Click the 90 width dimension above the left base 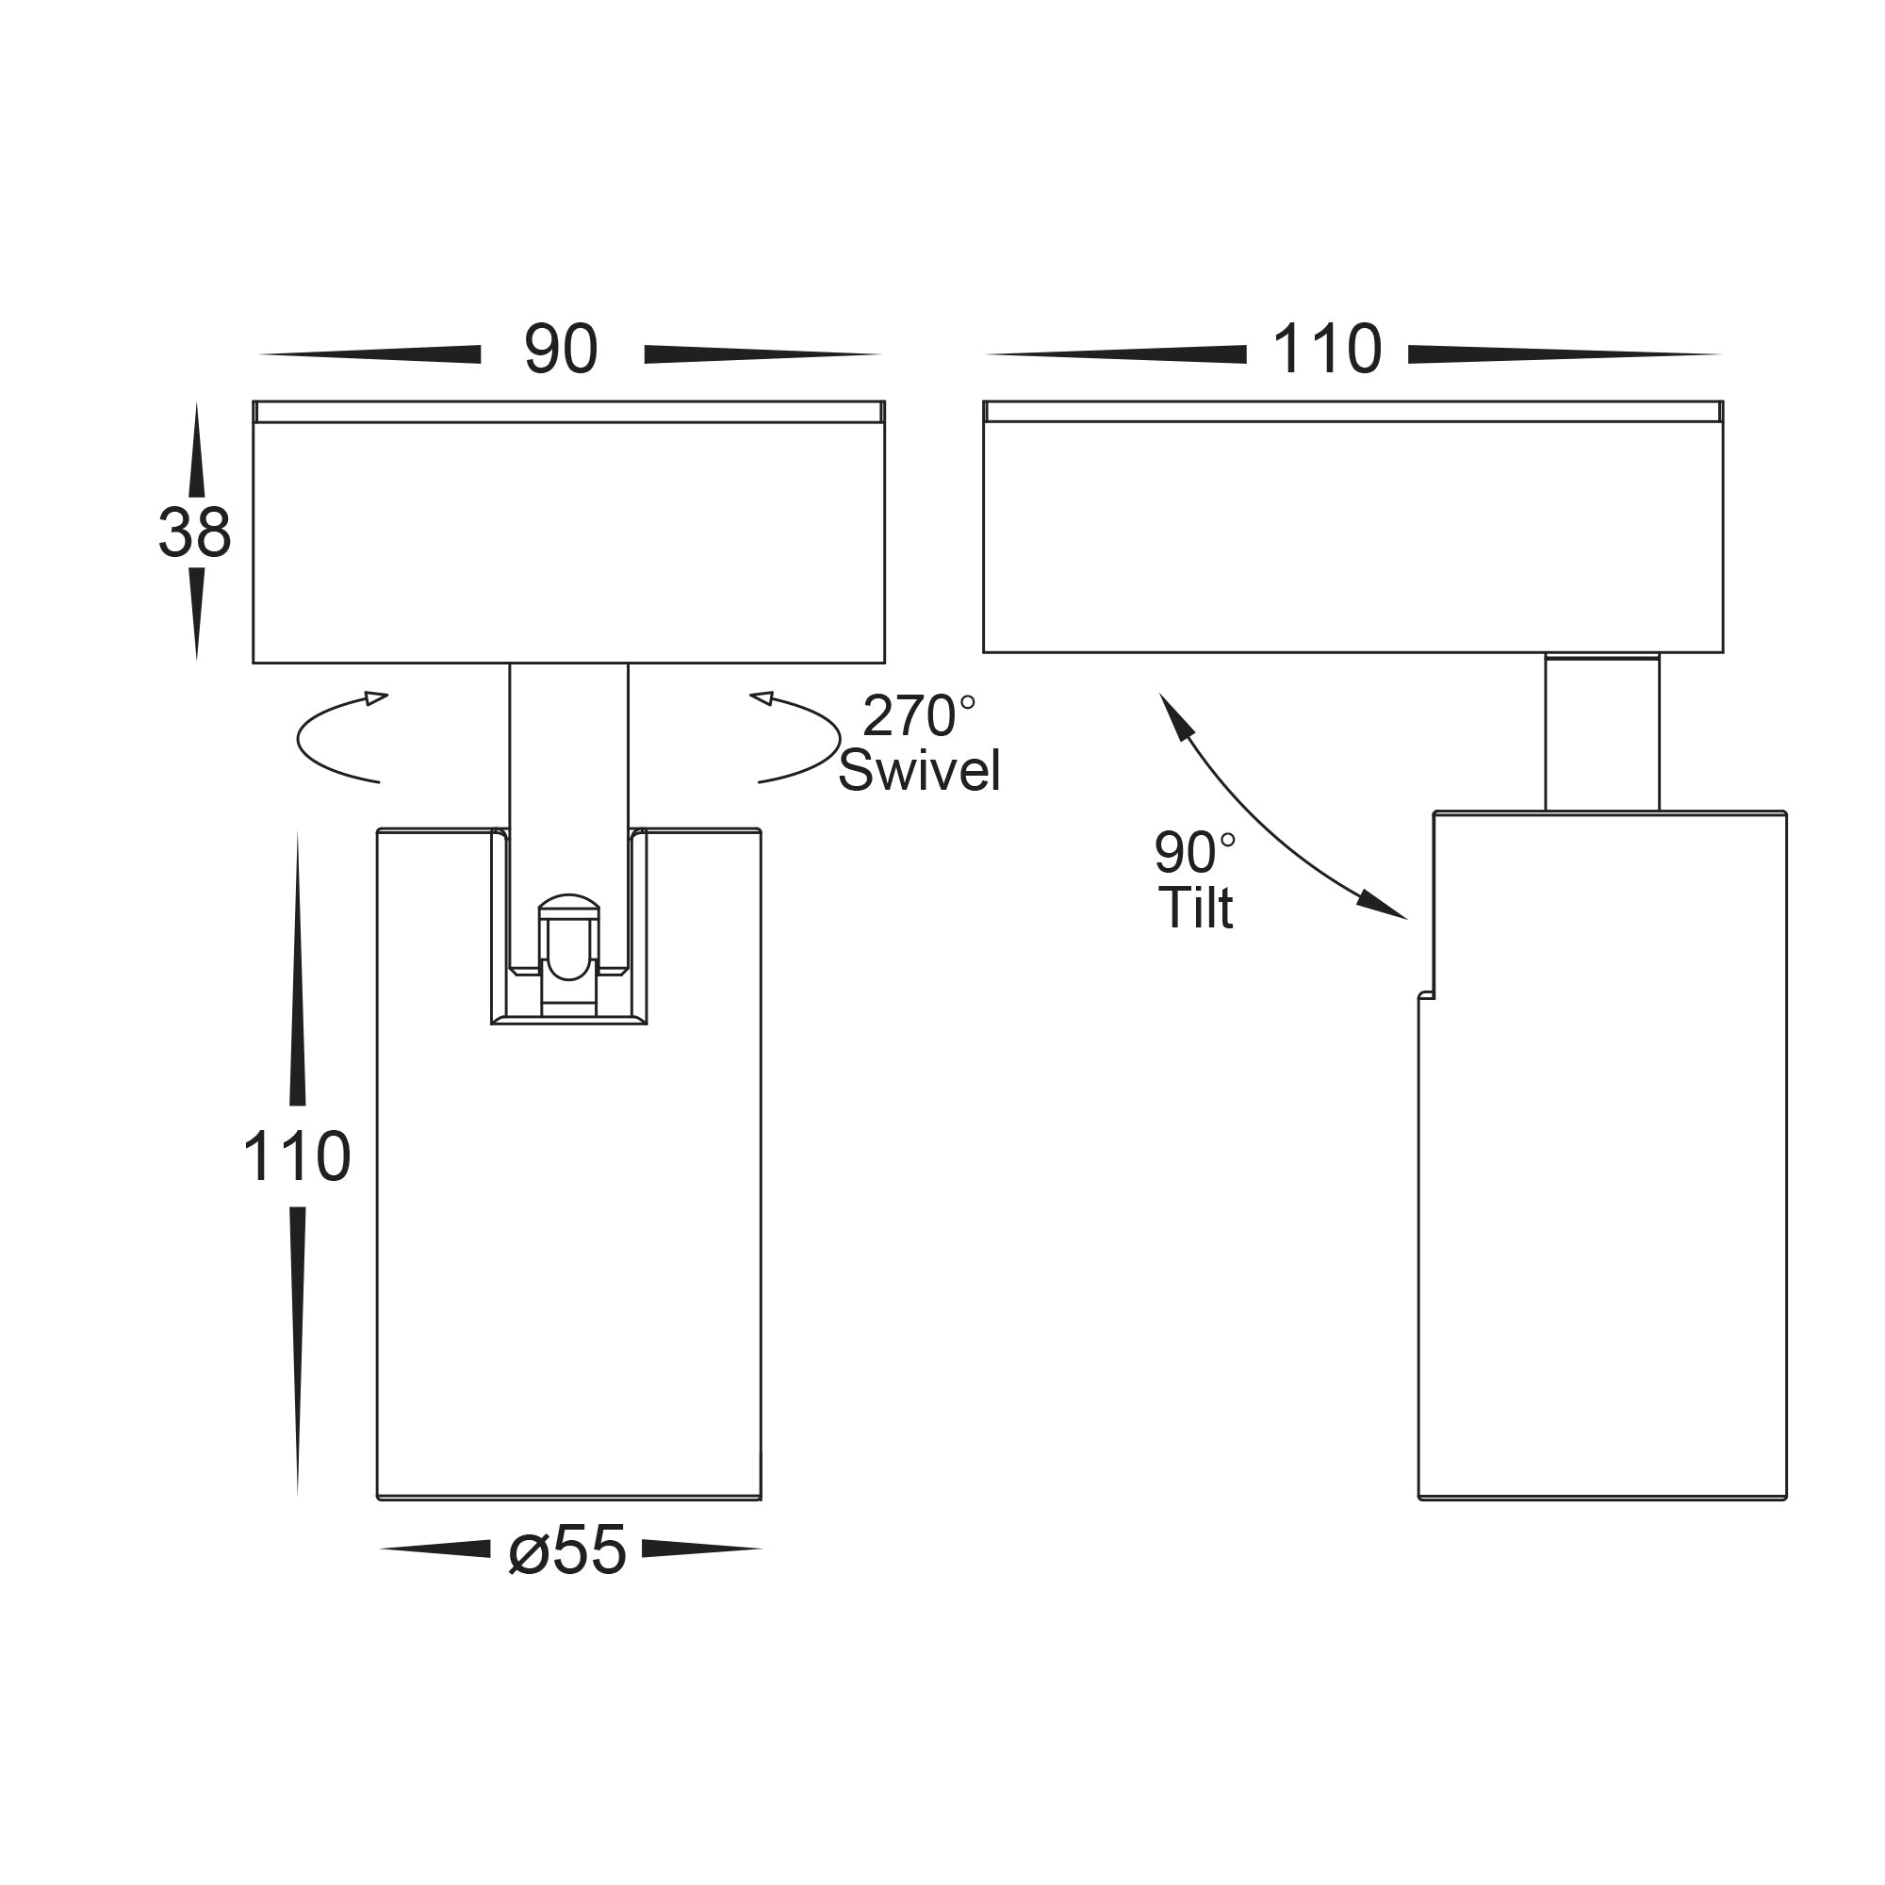pos(561,350)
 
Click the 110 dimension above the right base pos(1327,350)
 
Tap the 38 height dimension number pos(195,533)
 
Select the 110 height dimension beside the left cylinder pos(297,1157)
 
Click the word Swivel pos(919,771)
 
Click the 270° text pos(917,717)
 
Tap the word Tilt pos(1195,909)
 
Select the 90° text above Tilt pos(1193,853)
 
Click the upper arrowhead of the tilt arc pos(1174,716)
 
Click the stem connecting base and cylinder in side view pos(1601,733)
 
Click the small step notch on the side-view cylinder pos(1426,995)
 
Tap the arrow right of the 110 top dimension pos(1561,355)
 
